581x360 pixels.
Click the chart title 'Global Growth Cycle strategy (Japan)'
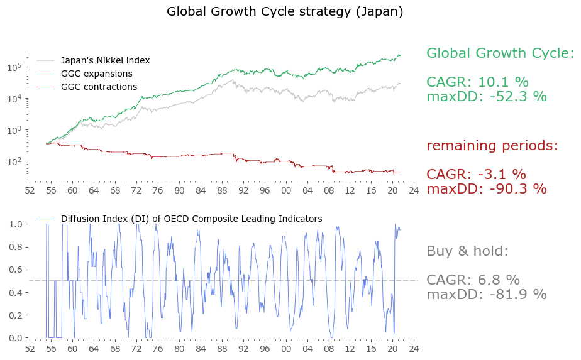285,12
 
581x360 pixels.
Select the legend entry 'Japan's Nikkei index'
105,61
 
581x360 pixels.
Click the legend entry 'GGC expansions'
96,74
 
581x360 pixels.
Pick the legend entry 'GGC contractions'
99,87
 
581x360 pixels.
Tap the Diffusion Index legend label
191,219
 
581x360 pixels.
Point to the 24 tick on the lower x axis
414,348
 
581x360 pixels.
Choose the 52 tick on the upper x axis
29,190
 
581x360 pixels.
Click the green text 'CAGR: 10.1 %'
477,82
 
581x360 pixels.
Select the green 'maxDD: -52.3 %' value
486,97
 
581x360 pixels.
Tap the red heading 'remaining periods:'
492,146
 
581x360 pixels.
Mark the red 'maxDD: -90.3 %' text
486,188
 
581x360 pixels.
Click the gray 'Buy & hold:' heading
467,251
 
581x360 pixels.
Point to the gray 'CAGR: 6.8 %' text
473,280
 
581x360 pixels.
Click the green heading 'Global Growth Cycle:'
500,53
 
